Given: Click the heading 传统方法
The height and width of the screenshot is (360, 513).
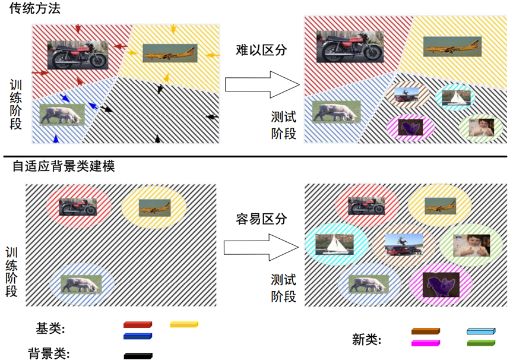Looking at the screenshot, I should (35, 9).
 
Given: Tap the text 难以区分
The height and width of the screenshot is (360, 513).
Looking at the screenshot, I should (261, 50).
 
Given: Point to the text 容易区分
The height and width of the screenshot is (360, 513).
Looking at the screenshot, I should (261, 219).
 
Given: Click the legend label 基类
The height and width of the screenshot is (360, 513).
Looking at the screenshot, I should (50, 329).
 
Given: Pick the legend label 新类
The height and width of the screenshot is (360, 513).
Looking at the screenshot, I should (366, 340).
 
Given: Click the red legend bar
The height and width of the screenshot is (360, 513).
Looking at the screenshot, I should (138, 325).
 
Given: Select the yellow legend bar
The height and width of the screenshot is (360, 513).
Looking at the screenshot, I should (184, 325).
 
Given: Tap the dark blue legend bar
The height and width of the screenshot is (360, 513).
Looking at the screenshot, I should (138, 337).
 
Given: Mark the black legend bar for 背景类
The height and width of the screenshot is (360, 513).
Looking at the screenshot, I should (138, 356).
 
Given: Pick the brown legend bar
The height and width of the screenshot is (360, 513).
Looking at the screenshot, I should (426, 331).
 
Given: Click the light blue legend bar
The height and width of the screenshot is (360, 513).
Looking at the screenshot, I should (480, 331).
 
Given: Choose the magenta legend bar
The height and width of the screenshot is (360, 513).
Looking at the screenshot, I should (426, 343).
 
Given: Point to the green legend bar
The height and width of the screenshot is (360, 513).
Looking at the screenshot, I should (480, 343).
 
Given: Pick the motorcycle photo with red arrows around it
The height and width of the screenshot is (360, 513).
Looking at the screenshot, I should (78, 54).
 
